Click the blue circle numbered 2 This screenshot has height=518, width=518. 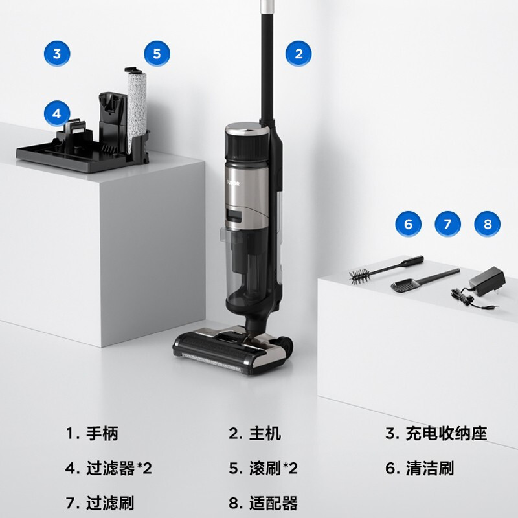pos(298,54)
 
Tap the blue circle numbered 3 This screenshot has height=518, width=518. pos(57,54)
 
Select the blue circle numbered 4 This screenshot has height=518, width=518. pos(57,114)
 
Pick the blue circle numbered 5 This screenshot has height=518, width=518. pos(157,54)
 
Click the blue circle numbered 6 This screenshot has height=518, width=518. pos(408,224)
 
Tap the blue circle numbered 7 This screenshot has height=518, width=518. pos(447,224)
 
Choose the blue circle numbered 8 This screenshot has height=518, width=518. pos(488,224)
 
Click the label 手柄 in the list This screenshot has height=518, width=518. pos(102,433)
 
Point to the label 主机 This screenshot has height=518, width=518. pos(265,433)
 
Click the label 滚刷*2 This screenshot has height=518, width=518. pos(273,468)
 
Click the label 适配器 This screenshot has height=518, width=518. pos(273,502)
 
